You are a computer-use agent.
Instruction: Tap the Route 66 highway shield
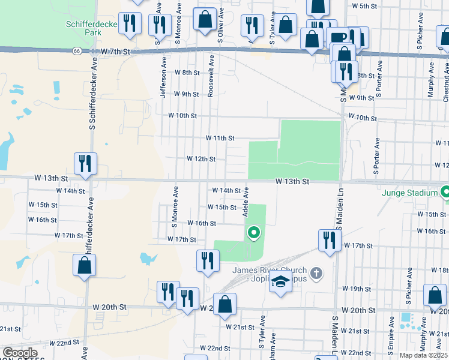click(x=77, y=52)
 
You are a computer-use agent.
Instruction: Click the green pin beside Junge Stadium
click(x=445, y=193)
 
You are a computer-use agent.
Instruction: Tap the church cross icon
click(x=318, y=274)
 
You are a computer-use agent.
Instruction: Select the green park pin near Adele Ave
click(x=254, y=232)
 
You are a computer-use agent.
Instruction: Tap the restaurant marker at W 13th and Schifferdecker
click(x=85, y=163)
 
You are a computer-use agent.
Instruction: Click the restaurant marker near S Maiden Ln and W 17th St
click(x=328, y=241)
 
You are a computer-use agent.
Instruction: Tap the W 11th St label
click(x=220, y=138)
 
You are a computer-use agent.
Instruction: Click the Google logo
click(x=19, y=353)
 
